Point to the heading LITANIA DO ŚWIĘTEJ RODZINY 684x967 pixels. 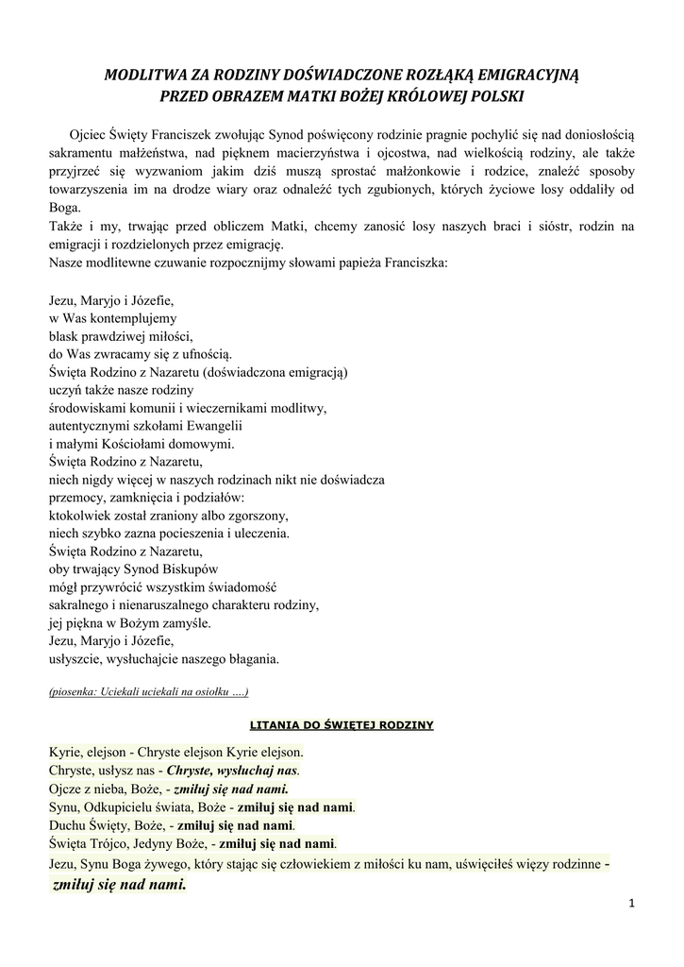(341, 725)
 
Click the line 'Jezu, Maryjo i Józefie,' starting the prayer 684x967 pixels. (110, 300)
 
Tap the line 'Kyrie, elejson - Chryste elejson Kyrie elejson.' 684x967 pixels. (176, 753)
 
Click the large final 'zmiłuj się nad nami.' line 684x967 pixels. (120, 885)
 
